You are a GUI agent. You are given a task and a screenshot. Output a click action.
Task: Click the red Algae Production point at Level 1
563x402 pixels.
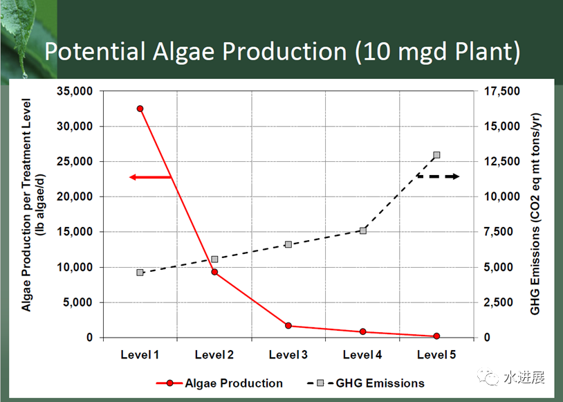coord(140,109)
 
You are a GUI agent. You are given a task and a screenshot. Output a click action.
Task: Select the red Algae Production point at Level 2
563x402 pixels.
coord(214,272)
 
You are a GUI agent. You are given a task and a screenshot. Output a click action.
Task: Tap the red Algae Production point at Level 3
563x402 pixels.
coord(288,325)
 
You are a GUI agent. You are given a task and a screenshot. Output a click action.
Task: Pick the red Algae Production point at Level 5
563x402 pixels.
coord(436,336)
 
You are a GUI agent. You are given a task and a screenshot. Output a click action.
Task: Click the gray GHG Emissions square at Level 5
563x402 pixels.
coord(436,155)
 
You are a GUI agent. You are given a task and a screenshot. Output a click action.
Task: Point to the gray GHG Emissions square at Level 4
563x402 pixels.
coord(363,230)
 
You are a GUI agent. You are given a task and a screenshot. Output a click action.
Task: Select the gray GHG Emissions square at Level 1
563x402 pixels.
coord(140,273)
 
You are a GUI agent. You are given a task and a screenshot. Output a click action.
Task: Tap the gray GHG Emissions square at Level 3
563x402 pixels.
coord(288,245)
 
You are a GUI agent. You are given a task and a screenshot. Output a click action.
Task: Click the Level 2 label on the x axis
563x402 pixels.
coord(214,355)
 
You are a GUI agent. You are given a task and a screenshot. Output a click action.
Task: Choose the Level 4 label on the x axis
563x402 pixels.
coord(362,355)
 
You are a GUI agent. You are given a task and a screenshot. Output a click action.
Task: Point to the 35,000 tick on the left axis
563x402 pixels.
coord(75,91)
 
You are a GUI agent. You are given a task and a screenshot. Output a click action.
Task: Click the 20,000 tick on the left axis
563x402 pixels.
coord(75,197)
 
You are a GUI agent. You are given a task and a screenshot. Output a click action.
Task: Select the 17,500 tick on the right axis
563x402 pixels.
coord(502,91)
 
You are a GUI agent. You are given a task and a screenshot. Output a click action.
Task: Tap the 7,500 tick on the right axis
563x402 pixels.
coord(499,232)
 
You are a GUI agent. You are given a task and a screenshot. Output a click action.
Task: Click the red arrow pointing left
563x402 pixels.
coord(150,177)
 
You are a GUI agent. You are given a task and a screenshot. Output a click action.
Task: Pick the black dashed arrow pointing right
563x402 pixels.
coord(438,176)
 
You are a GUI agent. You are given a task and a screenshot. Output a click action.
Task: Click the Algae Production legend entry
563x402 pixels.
coord(219,383)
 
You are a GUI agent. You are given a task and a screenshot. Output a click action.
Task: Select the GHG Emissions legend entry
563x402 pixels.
coord(366,383)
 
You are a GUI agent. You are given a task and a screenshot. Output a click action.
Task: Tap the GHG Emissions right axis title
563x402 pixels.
coord(535,214)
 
